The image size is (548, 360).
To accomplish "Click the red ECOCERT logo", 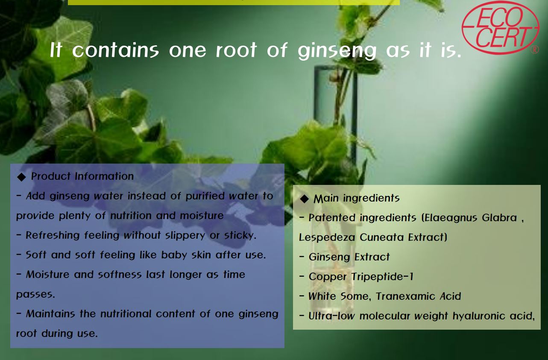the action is click(501, 27).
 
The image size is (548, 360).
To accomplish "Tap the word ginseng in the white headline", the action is click(337, 51).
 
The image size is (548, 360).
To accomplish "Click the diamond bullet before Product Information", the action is click(21, 177).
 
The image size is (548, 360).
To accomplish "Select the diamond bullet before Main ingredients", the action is click(305, 199).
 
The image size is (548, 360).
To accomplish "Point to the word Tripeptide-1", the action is click(382, 277).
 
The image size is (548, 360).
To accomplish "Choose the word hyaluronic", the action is click(479, 316).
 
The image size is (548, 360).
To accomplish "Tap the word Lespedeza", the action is click(327, 237).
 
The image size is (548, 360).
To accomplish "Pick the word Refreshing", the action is click(53, 235).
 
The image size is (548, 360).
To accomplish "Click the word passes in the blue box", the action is click(35, 295).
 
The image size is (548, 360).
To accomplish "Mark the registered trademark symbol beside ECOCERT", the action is click(534, 50).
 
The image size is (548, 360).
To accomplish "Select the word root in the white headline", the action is click(236, 50).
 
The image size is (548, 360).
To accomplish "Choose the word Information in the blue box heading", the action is click(104, 176).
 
